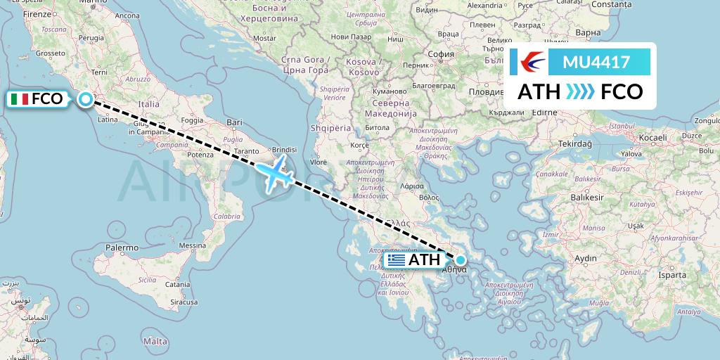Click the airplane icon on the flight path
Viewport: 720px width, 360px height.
click(x=275, y=172)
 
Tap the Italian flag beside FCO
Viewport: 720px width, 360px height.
click(x=20, y=99)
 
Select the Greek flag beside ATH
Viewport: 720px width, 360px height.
click(x=396, y=260)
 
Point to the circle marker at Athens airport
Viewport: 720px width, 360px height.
click(x=461, y=259)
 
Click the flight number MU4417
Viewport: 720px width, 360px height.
click(x=596, y=63)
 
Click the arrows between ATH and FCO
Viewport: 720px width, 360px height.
click(x=580, y=92)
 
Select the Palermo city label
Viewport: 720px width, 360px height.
click(x=122, y=247)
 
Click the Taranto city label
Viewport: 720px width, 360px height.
click(x=248, y=151)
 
